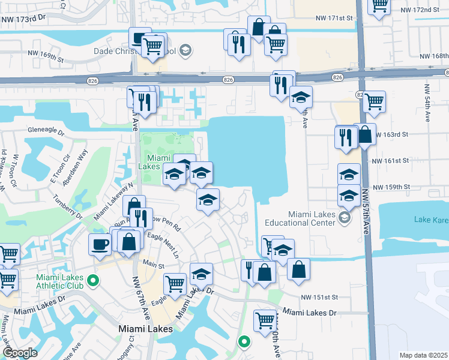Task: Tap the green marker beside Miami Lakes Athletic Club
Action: coord(93,280)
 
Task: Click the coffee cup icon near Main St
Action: coord(99,244)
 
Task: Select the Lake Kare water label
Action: coord(431,221)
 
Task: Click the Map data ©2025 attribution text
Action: coord(423,355)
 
